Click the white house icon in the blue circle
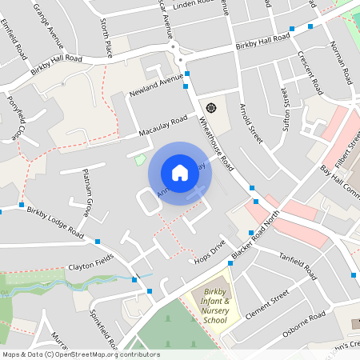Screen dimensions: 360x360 179,172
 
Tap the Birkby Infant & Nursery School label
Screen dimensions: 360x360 215,306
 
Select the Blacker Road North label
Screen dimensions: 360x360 258,234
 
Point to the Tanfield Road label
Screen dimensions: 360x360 298,266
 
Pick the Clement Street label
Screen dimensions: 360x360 266,306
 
